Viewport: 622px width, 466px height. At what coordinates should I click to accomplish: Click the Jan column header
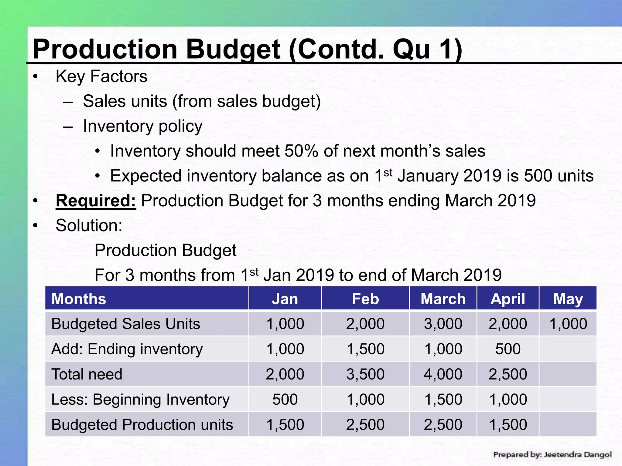tap(285, 299)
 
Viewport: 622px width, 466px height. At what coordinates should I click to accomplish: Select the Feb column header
tap(365, 299)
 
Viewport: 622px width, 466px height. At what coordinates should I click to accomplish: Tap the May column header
tap(568, 299)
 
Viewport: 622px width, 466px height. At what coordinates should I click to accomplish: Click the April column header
tap(508, 299)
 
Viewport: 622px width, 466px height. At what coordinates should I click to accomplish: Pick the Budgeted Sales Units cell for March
tap(443, 324)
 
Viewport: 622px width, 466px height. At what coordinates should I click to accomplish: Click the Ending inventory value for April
tap(508, 349)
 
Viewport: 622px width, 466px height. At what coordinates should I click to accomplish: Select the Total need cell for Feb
tap(365, 374)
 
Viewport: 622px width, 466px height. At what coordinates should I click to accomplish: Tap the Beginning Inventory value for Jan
tap(285, 399)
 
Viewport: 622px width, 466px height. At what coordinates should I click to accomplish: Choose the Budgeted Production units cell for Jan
tap(285, 424)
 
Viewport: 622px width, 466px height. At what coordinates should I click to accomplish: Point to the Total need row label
tap(87, 374)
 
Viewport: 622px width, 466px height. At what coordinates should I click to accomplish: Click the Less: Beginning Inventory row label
tap(140, 399)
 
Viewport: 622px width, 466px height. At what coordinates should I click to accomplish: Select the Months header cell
tap(79, 299)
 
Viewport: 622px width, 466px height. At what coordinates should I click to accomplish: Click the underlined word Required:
tap(96, 201)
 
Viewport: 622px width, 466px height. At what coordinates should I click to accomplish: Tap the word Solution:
tap(89, 225)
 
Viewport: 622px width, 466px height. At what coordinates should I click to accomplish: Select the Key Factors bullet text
tap(101, 76)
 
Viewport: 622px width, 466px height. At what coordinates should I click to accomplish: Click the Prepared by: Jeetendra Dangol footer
tap(552, 454)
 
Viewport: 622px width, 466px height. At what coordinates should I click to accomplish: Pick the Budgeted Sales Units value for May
tap(568, 324)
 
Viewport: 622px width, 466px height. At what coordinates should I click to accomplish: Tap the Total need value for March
tap(443, 374)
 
